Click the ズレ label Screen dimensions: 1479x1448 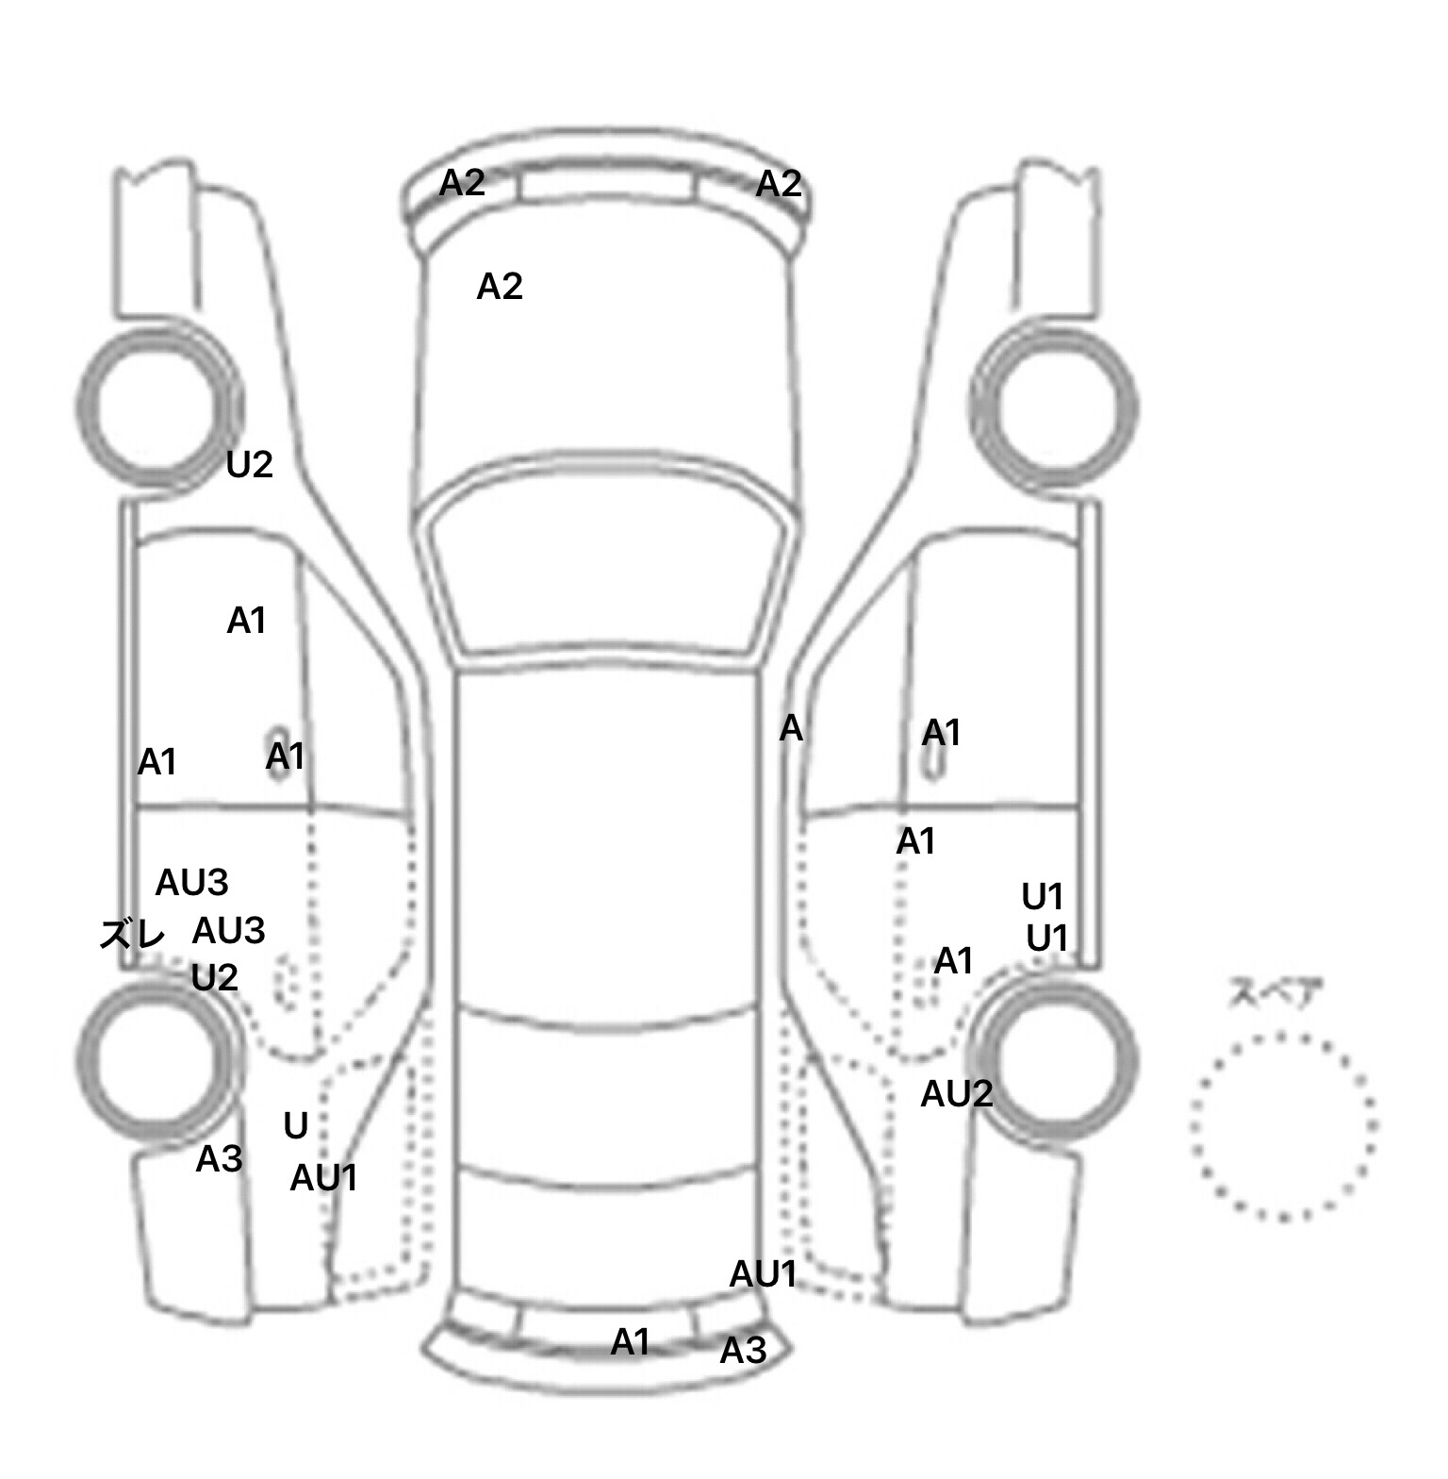coord(132,935)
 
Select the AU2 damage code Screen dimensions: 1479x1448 coord(956,1094)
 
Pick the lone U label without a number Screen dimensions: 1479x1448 coord(296,1125)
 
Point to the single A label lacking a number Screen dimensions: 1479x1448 coord(791,728)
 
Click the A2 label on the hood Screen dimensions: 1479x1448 coord(500,286)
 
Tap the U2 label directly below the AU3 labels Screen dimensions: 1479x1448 coord(214,978)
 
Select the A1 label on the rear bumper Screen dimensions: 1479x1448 coord(630,1341)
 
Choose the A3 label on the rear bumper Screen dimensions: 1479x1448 coord(743,1352)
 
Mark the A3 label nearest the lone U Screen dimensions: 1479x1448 coord(219,1159)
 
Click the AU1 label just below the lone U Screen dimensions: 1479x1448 coord(323,1178)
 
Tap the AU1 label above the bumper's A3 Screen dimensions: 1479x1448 coord(763,1274)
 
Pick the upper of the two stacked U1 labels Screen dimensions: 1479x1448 coord(1043,896)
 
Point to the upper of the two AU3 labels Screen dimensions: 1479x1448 coord(191,883)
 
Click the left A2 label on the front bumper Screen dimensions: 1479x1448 coord(462,183)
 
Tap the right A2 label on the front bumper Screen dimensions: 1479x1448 coord(779,183)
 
